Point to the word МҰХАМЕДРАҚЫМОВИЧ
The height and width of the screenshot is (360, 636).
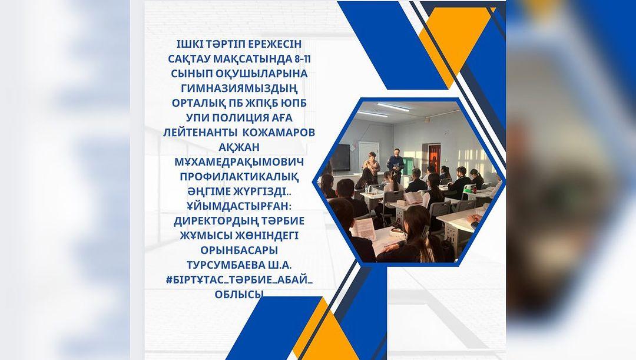click(239, 162)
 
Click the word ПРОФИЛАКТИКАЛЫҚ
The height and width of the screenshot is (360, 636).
click(239, 177)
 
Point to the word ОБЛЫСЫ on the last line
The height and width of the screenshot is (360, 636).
click(239, 294)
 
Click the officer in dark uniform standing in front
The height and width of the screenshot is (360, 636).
click(395, 164)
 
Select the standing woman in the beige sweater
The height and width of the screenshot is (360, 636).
click(371, 166)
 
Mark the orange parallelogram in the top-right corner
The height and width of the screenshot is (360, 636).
click(456, 45)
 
